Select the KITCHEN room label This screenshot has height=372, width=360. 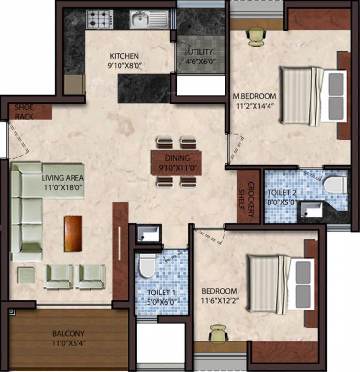click(124, 56)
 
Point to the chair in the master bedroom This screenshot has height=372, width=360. click(256, 35)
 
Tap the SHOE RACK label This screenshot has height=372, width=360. click(24, 112)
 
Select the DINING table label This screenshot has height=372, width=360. click(177, 158)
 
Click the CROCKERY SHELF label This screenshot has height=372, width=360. click(247, 199)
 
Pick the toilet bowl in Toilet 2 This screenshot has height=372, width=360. click(336, 185)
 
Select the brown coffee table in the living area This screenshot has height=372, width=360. click(73, 233)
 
